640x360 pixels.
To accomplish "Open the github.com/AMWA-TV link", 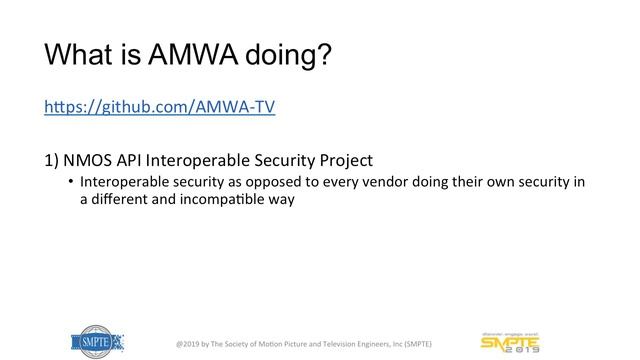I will click(159, 107).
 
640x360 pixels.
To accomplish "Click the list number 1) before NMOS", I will click(52, 159).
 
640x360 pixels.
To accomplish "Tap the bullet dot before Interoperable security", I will click(71, 182).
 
